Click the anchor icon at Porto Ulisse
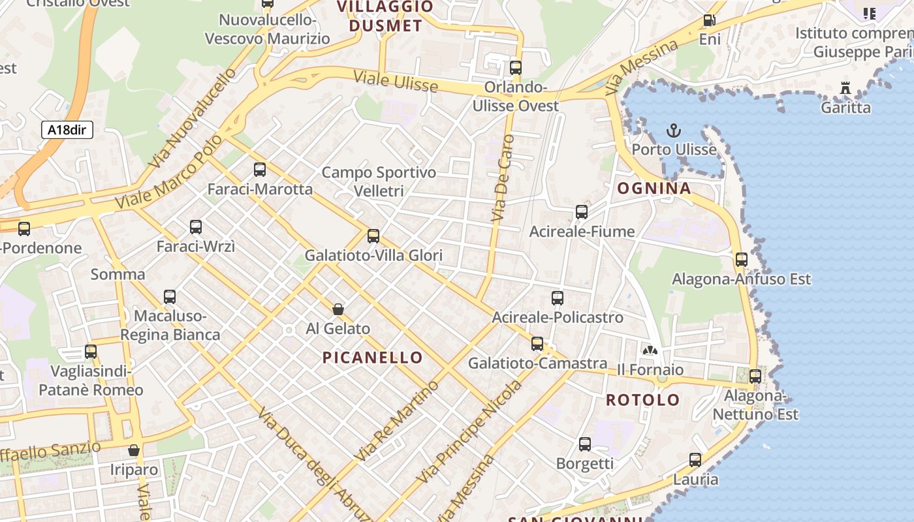674,130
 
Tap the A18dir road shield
67,130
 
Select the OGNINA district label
654,189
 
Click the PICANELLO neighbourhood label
373,358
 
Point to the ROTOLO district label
643,400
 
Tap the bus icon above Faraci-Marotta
260,170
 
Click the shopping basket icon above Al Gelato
338,309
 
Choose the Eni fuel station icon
709,20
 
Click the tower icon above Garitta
845,87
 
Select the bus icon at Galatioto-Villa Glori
373,236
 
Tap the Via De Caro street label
502,177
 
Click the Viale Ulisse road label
396,82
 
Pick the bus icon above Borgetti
584,444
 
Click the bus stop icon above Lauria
695,460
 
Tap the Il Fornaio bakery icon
650,350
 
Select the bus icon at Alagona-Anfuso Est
742,260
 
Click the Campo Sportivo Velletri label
379,181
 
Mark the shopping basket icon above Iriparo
134,450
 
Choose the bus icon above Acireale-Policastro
557,298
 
